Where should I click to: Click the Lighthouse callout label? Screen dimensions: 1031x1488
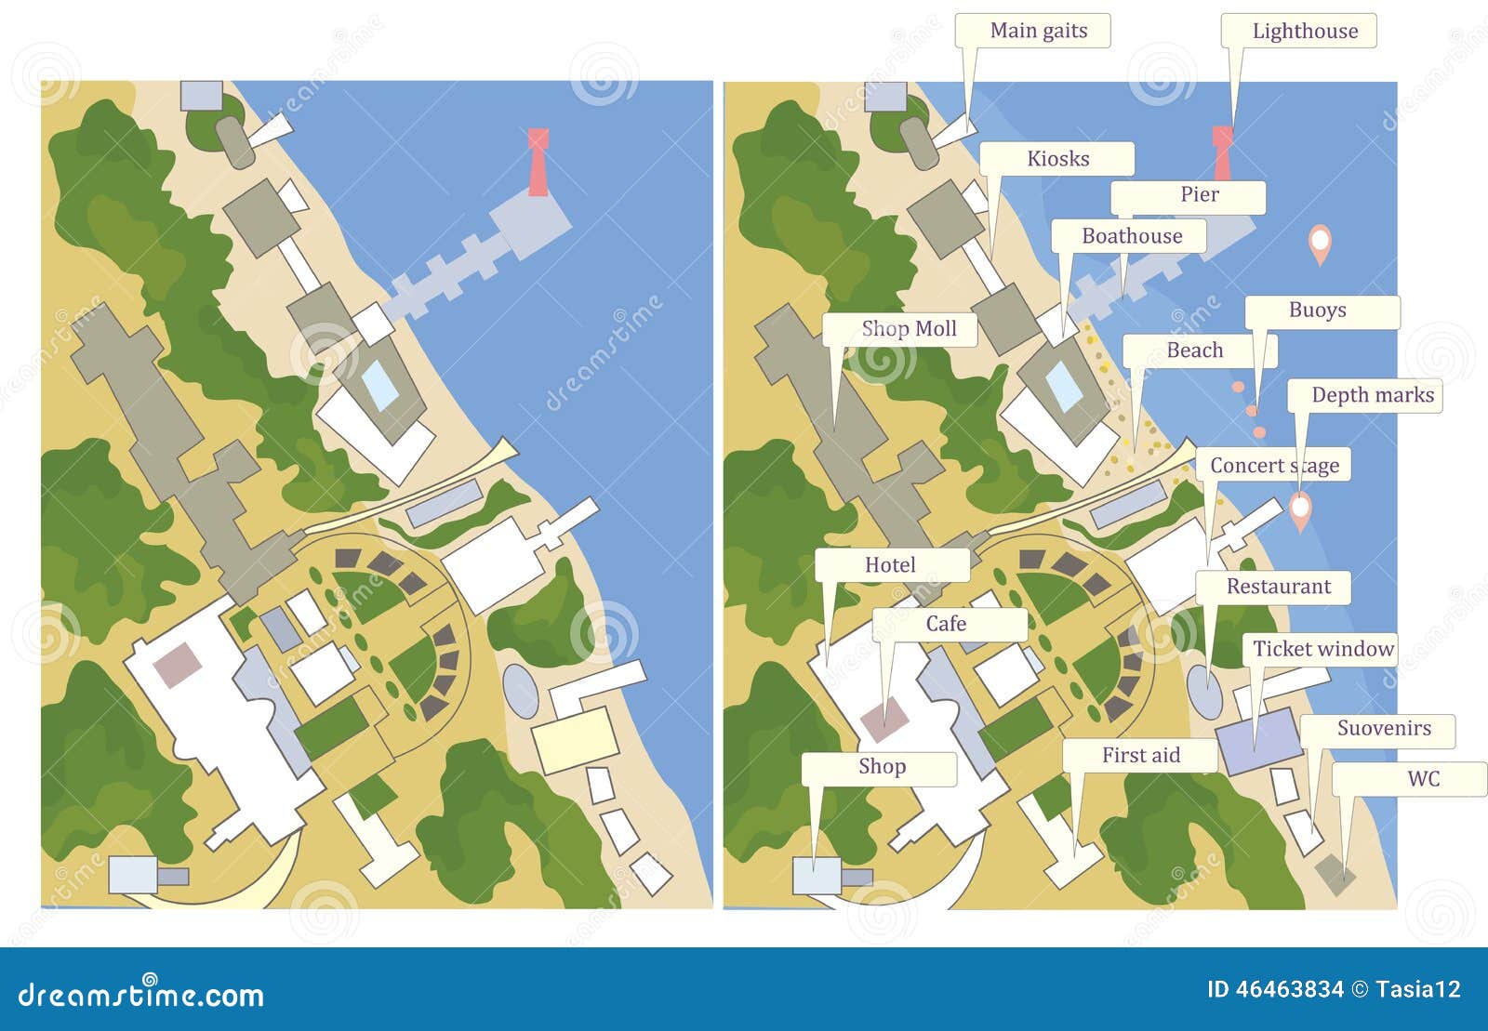[x=1304, y=32]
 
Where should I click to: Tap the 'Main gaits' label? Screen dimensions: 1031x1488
[x=1038, y=32]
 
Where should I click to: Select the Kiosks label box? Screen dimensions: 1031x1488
[x=1057, y=159]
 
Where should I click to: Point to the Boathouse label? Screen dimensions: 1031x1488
[x=1131, y=236]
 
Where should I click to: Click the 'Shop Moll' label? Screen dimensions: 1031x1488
[x=908, y=329]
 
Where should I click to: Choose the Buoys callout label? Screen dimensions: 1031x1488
[x=1317, y=311]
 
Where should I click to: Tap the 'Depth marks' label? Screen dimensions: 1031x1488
[x=1372, y=395]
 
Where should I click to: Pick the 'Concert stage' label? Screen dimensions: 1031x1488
[x=1274, y=465]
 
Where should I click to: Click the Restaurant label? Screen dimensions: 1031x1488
[x=1278, y=587]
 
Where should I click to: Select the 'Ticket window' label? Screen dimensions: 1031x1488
[x=1322, y=649]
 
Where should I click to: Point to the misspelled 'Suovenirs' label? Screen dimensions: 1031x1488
[x=1383, y=729]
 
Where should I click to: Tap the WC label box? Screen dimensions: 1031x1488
[x=1422, y=779]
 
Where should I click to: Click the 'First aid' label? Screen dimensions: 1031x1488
[x=1140, y=755]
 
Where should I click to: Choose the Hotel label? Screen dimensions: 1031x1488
[x=890, y=565]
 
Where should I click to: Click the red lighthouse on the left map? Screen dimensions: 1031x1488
[x=538, y=162]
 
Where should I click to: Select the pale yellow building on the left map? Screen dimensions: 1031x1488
[x=576, y=740]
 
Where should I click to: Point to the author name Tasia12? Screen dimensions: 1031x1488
[x=1419, y=989]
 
